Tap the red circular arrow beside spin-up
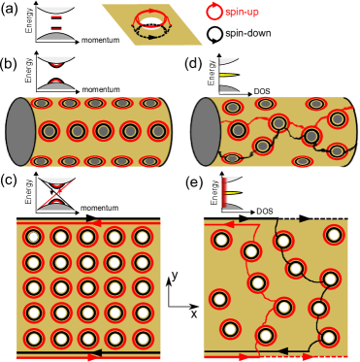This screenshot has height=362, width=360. coord(213,11)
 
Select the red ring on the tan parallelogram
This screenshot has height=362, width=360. coord(152,19)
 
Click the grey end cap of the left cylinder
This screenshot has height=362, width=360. coord(20,131)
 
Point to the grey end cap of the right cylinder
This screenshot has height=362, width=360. coord(205,131)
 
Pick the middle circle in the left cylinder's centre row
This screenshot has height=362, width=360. coord(104,131)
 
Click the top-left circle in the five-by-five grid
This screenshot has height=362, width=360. coord(34,237)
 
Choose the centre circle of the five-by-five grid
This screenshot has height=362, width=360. coord(87,287)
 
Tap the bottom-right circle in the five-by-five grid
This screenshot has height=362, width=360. coord(142,339)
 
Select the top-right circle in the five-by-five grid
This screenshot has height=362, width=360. coord(142,237)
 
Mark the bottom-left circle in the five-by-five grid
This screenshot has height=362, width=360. coord(34,339)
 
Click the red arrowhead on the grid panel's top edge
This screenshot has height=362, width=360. coord(93,222)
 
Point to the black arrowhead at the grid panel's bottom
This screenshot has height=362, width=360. coord(94,351)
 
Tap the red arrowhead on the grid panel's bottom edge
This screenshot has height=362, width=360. coord(94,358)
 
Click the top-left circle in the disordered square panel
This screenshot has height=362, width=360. coord(221,240)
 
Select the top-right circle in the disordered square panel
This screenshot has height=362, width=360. coord(334,235)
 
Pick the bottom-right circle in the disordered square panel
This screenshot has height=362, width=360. coord(328,338)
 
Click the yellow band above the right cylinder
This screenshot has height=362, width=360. coord(229,75)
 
